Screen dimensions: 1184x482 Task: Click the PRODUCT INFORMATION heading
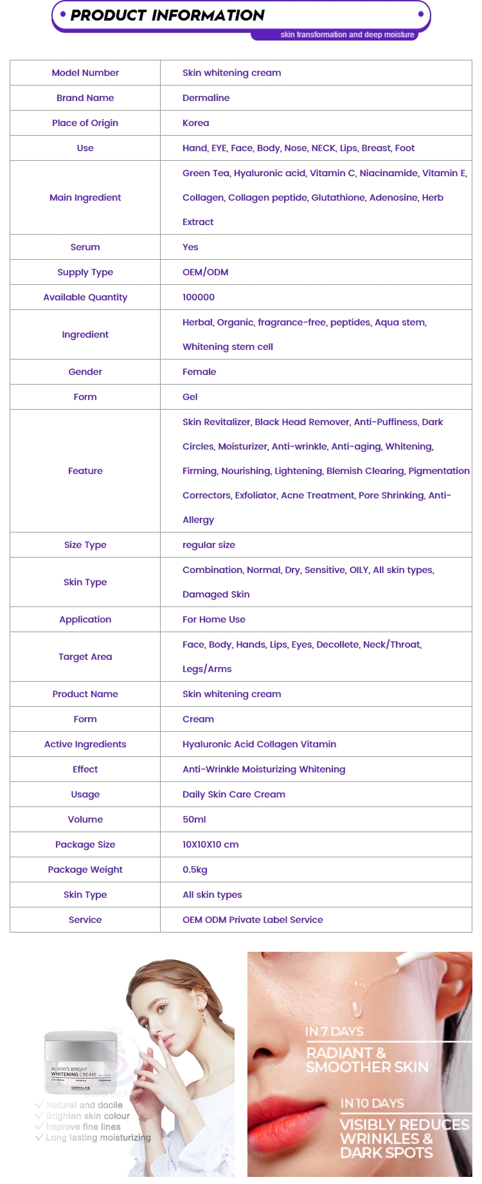[167, 15]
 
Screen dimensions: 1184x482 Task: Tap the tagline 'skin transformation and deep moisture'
[347, 35]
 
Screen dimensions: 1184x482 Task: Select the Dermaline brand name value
[206, 98]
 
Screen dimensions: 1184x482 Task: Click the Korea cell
[195, 123]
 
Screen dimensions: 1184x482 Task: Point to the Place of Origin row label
[85, 123]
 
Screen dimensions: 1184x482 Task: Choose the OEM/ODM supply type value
[205, 272]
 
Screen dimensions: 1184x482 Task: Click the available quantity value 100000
[198, 297]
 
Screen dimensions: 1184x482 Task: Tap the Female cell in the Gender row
[199, 372]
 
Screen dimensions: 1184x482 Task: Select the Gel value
[190, 397]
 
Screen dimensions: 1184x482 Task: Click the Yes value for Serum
[190, 247]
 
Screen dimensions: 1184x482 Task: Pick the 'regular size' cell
[208, 545]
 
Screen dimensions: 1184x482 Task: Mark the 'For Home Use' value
[213, 619]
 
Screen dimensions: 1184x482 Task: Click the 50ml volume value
[194, 819]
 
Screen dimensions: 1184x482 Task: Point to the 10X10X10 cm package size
[210, 844]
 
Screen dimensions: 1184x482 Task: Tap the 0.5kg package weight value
[195, 870]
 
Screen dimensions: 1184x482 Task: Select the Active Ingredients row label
[85, 744]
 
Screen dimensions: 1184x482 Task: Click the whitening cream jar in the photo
[80, 1061]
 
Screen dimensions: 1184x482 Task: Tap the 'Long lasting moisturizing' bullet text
[98, 1138]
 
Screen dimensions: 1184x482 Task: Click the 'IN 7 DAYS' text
[334, 1032]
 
